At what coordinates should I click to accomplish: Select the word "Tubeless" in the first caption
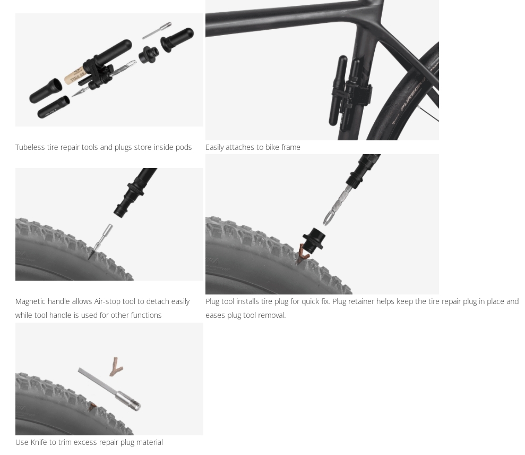point(30,147)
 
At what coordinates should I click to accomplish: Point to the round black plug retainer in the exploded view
point(148,54)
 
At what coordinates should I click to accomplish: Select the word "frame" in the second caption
point(290,147)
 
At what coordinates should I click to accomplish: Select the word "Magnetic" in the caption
point(30,301)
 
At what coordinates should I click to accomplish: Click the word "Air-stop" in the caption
point(108,301)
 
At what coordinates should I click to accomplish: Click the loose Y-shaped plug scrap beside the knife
point(116,366)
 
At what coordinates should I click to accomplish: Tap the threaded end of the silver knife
point(135,405)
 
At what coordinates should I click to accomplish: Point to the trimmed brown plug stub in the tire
point(92,408)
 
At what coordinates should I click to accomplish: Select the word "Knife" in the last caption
point(39,442)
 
